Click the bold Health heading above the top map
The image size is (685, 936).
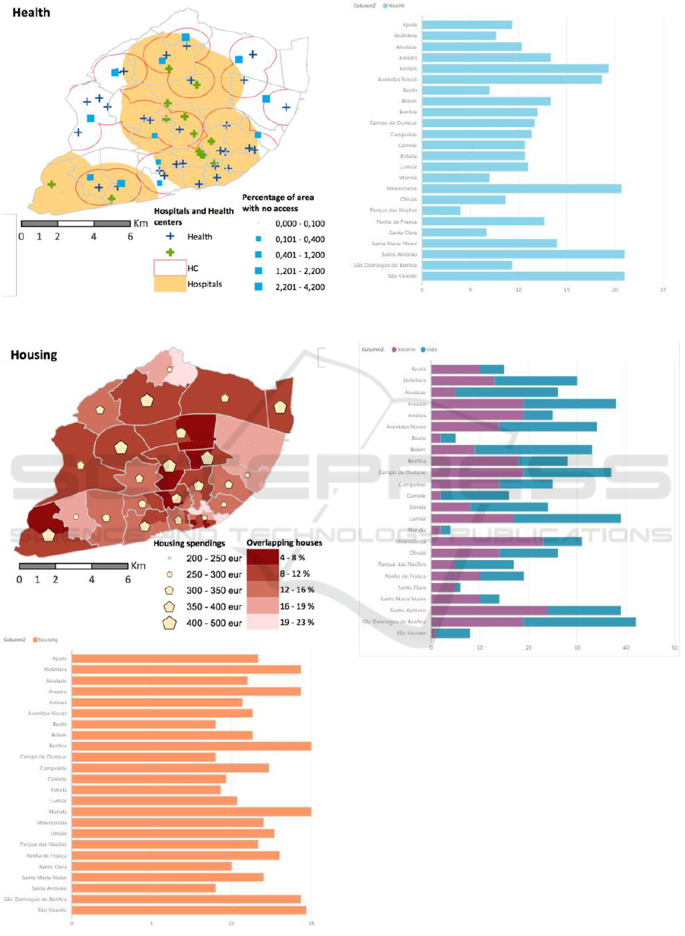click(30, 12)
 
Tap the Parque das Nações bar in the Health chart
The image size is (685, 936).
click(441, 210)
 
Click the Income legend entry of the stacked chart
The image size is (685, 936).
click(407, 349)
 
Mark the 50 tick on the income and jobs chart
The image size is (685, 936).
click(674, 648)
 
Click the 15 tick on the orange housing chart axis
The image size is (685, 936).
click(312, 925)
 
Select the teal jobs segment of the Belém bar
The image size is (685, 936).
click(533, 449)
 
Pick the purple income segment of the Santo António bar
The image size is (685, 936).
click(490, 610)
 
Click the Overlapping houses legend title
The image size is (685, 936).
click(284, 543)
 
